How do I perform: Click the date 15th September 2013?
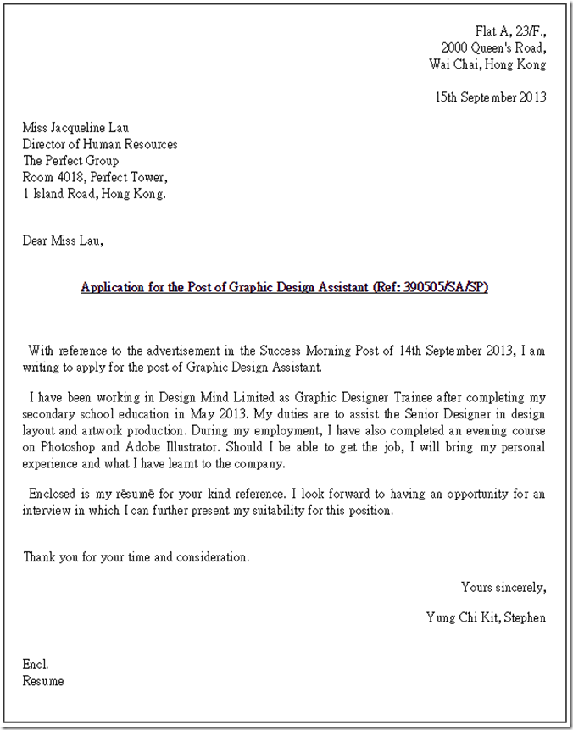491,97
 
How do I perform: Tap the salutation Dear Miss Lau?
64,241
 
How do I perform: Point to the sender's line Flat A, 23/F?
510,30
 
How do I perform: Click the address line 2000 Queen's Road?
493,47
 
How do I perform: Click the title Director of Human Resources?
100,144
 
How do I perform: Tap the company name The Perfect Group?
70,161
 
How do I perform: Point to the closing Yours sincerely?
503,587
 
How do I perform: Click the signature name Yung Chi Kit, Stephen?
486,617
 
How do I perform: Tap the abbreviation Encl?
36,665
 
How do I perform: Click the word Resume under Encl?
43,681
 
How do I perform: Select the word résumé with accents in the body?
136,495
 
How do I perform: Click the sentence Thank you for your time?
136,557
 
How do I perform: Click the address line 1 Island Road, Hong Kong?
95,193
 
